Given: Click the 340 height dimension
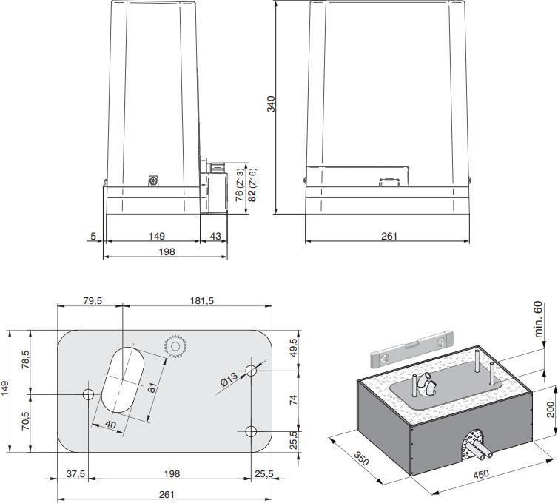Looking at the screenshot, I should (x=272, y=105).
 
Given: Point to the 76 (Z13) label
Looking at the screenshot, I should (x=239, y=186).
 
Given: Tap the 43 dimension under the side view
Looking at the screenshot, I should (x=215, y=236).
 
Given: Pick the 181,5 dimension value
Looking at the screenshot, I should (x=201, y=302).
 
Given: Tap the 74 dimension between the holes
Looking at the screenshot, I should (x=292, y=399).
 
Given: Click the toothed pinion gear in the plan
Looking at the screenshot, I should (x=175, y=346).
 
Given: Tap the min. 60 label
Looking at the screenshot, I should (x=538, y=319).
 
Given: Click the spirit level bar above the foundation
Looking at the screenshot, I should (x=411, y=349).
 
